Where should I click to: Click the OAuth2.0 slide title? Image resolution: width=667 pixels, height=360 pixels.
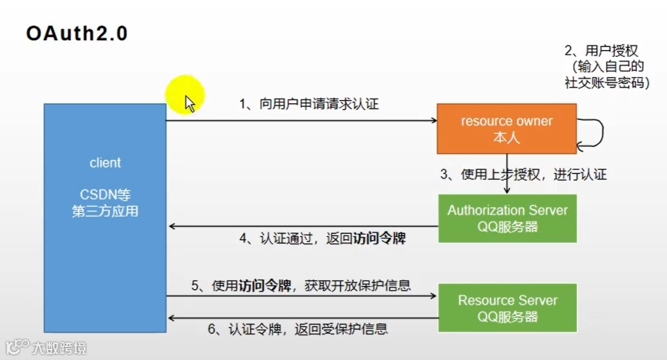pos(77,33)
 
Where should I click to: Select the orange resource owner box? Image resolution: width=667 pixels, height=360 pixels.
pos(506,128)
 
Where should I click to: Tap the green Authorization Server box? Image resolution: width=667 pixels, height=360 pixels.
pos(507,218)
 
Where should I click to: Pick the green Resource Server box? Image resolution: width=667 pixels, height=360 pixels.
pos(507,308)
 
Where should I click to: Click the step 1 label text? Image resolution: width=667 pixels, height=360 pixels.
pos(309,104)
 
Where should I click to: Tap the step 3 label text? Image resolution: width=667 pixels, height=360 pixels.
pos(524,175)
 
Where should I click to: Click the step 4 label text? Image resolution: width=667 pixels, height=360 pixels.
pos(323,238)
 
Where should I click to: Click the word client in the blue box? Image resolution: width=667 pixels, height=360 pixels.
pos(105,163)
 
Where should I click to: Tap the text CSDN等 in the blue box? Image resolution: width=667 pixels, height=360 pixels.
pos(105,195)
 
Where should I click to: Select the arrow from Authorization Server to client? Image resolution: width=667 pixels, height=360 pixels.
pos(303,227)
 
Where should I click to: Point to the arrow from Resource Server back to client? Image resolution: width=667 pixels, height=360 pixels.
pos(303,318)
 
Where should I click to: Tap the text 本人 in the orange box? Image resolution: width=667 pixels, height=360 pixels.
pos(506,138)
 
